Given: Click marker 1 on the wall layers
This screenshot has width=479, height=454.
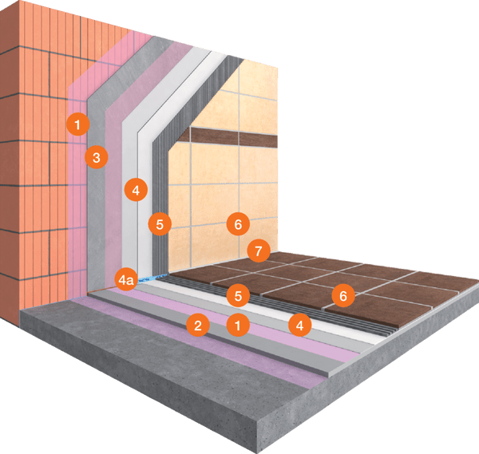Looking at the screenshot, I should click(77, 124).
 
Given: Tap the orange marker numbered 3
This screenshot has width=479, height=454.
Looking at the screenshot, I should click(96, 157).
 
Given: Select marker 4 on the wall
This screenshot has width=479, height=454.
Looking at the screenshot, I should click(136, 191).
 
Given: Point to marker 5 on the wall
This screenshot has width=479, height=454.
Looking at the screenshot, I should click(159, 224).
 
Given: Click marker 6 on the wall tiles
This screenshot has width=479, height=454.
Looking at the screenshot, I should click(237, 224).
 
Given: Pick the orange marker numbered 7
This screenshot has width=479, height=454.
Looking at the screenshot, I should click(256, 251).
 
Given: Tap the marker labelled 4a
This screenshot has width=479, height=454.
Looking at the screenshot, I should click(126, 280).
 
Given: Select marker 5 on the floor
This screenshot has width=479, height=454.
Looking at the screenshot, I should click(237, 295).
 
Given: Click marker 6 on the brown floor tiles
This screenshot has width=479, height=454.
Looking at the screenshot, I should click(342, 296).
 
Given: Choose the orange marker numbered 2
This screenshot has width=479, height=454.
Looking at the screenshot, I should click(197, 324).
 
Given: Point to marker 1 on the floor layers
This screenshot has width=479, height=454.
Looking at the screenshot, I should click(236, 324).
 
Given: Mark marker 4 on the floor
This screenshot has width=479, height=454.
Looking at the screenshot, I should click(299, 324).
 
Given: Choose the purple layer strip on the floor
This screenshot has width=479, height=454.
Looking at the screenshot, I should click(263, 351).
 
